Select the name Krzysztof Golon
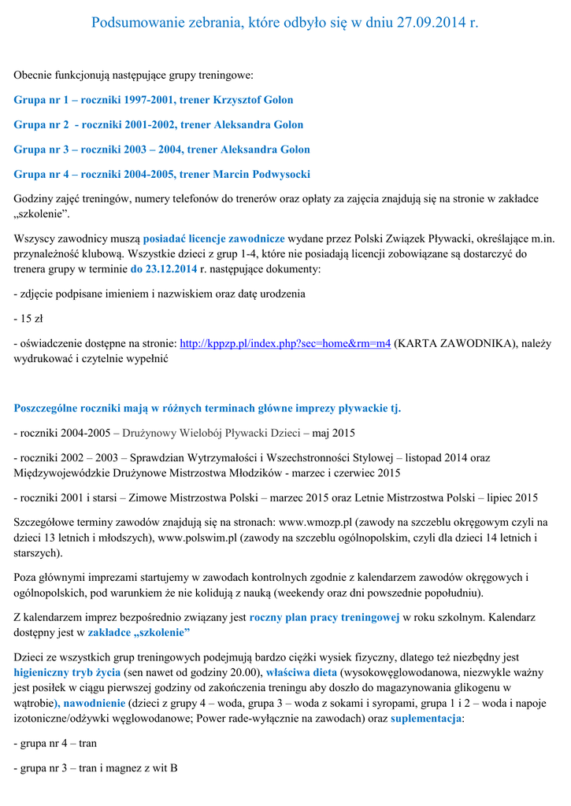point(253,100)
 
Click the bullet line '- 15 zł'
point(28,319)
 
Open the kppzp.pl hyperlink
point(285,343)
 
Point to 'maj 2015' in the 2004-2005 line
point(334,432)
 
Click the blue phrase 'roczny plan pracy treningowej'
point(324,617)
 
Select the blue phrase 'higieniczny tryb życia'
point(67,672)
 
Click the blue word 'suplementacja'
point(426,719)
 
